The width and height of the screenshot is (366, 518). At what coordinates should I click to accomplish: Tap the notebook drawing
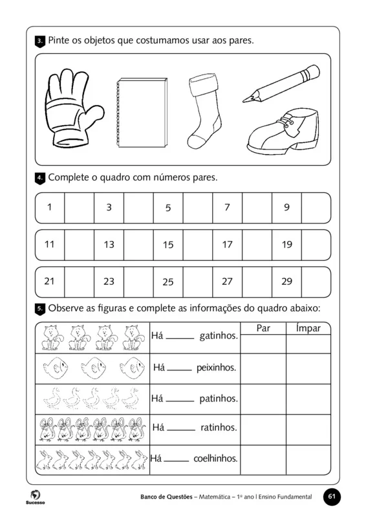click(x=140, y=114)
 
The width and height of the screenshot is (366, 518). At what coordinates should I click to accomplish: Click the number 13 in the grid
click(x=109, y=245)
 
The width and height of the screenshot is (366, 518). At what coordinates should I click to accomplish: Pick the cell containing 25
click(x=168, y=282)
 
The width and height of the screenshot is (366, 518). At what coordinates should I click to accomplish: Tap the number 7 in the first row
click(x=227, y=208)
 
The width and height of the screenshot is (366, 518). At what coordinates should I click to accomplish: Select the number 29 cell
click(x=286, y=282)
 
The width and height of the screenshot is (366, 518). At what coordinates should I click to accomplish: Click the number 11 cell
click(x=50, y=245)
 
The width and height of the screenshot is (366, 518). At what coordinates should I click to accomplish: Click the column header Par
click(x=263, y=328)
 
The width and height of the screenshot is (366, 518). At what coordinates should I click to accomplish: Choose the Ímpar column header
click(x=308, y=328)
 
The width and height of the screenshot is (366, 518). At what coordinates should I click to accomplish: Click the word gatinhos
click(x=219, y=337)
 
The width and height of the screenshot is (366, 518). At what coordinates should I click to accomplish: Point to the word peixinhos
click(x=216, y=368)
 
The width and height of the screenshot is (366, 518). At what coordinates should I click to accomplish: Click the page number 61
click(x=332, y=497)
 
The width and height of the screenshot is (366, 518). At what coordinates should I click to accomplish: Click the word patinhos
click(x=218, y=398)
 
